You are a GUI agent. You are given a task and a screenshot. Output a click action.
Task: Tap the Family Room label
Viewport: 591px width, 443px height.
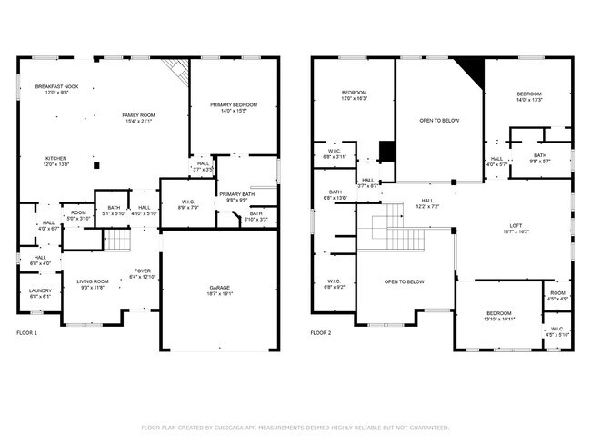point(139,118)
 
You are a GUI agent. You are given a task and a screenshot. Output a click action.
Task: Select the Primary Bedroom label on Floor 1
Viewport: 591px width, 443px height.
point(234,108)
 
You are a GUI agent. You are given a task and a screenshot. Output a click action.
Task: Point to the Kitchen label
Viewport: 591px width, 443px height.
point(56,162)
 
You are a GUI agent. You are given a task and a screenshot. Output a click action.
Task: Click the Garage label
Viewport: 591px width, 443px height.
point(220,290)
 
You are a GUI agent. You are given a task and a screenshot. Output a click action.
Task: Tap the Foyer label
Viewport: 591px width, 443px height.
point(143,273)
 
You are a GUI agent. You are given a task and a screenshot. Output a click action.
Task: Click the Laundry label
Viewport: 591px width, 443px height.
point(40,293)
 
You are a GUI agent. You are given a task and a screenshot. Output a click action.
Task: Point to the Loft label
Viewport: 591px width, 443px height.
point(515,228)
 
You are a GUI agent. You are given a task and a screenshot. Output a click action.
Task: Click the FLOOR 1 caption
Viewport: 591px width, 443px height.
point(27,333)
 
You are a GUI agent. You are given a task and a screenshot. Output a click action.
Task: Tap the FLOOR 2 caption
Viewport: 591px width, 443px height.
point(321,333)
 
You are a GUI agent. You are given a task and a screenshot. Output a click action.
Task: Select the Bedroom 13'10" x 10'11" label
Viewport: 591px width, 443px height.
point(499,317)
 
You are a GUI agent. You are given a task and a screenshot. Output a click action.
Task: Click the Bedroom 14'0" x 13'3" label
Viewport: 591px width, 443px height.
point(529,97)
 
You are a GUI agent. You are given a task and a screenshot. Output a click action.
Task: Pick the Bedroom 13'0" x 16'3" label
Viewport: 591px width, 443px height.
point(354,95)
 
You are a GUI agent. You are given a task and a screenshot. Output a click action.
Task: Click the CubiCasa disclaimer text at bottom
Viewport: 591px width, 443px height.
point(295,427)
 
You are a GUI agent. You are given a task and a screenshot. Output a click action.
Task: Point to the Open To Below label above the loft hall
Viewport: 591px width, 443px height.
point(438,120)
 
